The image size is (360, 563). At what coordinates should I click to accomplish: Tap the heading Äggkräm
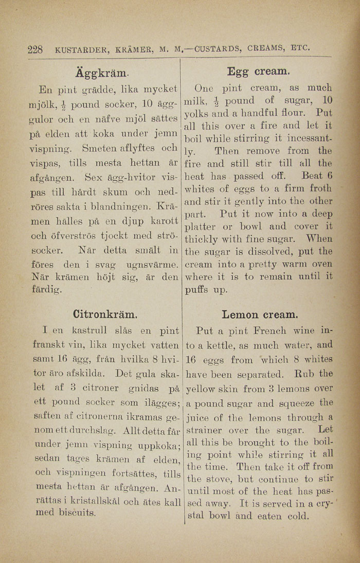(x=102, y=69)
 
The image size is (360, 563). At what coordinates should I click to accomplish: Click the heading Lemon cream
(x=260, y=314)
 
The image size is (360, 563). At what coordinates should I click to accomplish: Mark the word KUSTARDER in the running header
(x=80, y=50)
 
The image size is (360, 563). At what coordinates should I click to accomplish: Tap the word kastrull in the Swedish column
(x=89, y=330)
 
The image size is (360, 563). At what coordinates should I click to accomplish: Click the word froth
(x=319, y=189)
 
